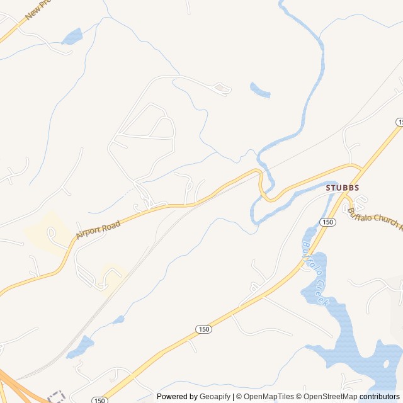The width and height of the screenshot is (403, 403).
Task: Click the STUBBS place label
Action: [x=342, y=188]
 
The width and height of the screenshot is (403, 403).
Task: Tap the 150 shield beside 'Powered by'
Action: [x=98, y=400]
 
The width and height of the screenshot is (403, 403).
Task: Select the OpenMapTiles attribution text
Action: [x=268, y=397]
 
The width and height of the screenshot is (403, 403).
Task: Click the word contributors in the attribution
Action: [x=379, y=397]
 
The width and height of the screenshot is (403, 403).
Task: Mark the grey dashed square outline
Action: [x=57, y=397]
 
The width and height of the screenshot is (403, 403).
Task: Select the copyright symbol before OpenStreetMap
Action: [x=300, y=397]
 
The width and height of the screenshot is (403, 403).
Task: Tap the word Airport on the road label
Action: [x=89, y=229]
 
